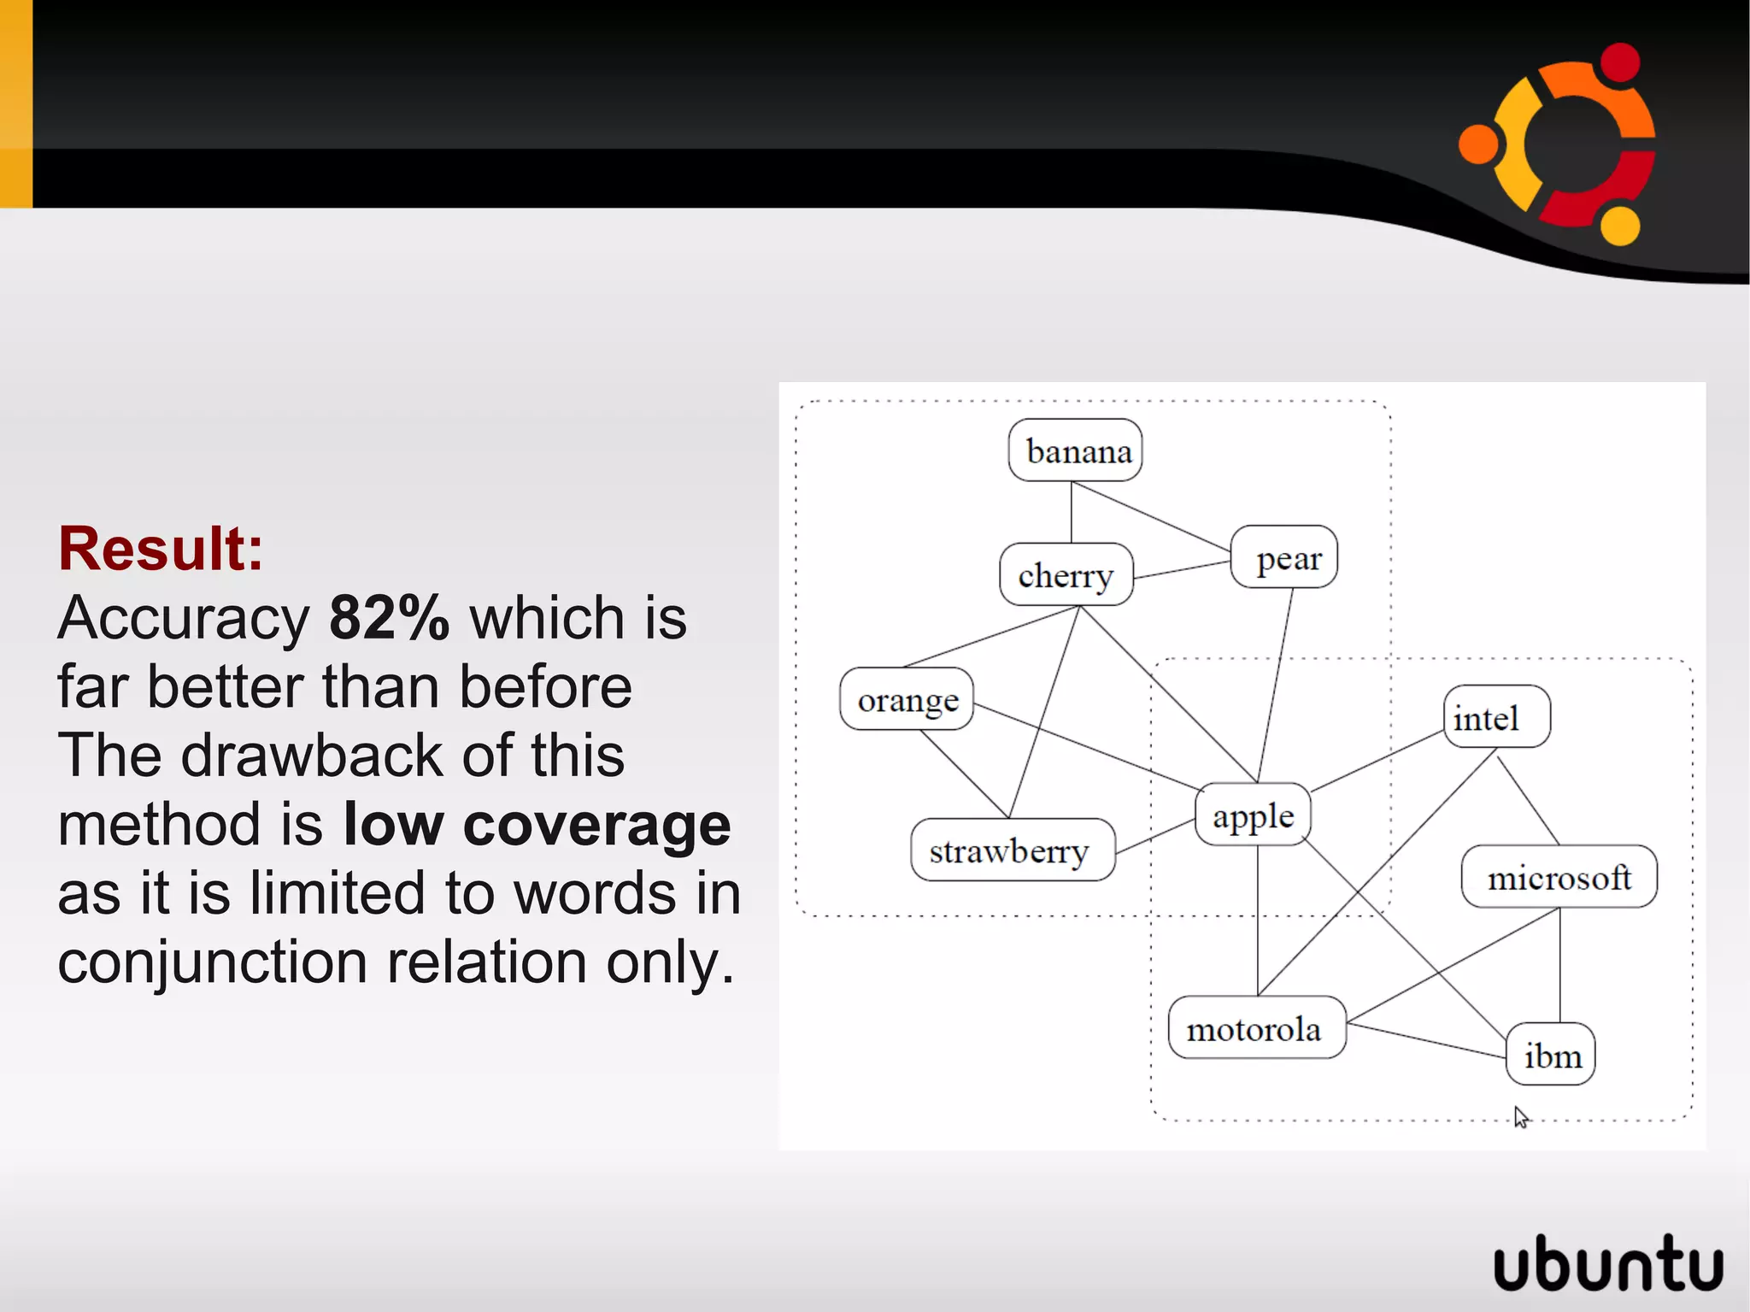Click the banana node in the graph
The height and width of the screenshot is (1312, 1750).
pos(1075,450)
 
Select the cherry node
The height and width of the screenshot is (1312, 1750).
pos(1066,574)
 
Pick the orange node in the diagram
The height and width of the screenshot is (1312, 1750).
pos(907,699)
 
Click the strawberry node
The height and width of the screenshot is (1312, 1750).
pos(1012,850)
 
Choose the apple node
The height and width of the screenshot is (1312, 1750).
pos(1253,815)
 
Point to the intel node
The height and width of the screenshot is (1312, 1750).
pos(1495,716)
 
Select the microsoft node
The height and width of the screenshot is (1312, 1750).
pos(1559,877)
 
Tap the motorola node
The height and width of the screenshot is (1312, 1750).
pos(1256,1028)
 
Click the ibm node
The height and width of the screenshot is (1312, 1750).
pos(1550,1055)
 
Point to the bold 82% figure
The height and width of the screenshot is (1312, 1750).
pos(389,617)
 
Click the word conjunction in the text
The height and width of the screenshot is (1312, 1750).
pos(212,962)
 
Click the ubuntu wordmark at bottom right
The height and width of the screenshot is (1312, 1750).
pos(1607,1263)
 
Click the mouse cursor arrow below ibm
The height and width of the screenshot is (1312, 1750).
pos(1520,1116)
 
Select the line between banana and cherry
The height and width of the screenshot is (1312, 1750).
pos(1072,512)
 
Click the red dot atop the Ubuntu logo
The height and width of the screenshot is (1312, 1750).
pos(1619,62)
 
